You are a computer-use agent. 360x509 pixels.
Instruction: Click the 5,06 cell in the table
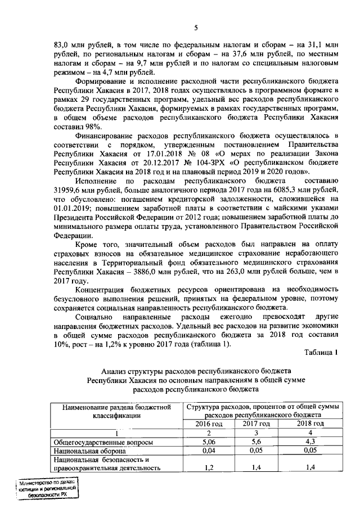[x=209, y=442]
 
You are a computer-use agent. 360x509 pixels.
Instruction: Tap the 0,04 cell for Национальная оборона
[x=209, y=451]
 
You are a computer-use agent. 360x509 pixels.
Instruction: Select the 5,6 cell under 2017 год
[x=259, y=442]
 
